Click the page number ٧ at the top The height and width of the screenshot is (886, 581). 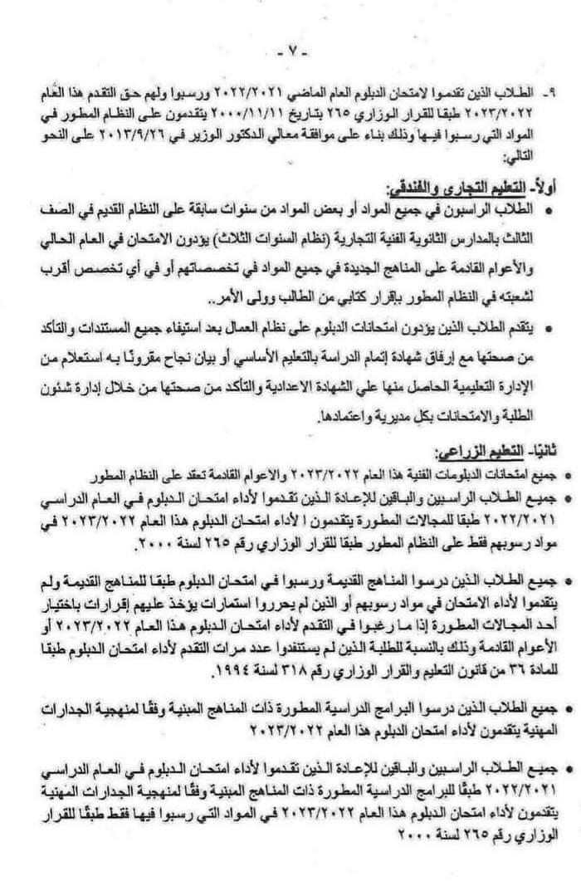pyautogui.click(x=291, y=51)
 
